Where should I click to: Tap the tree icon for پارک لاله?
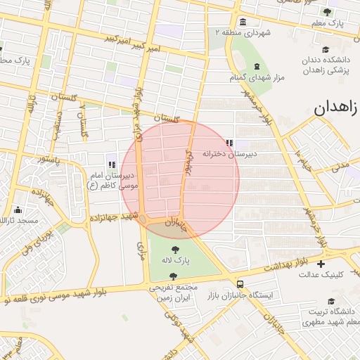click(x=174, y=248)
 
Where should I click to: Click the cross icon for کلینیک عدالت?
click(x=321, y=264)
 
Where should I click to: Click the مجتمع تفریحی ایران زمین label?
click(x=172, y=292)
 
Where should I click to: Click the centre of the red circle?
click(x=180, y=180)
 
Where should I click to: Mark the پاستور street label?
click(x=51, y=160)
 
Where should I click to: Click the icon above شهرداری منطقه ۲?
click(x=243, y=21)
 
